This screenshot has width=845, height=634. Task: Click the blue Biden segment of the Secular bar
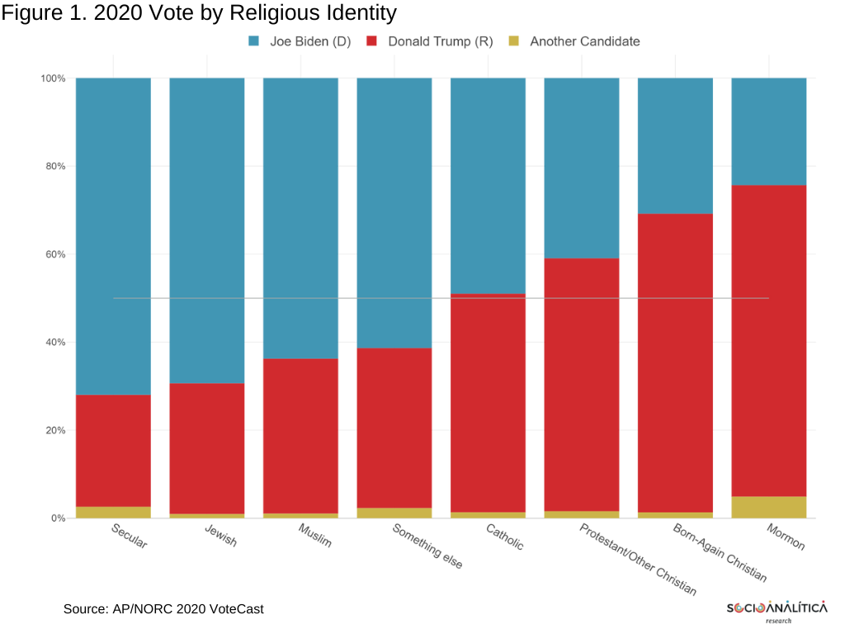113,236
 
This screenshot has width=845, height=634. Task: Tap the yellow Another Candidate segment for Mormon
769,507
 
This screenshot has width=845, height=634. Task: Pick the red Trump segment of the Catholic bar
488,403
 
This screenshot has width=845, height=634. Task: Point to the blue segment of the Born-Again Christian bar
675,146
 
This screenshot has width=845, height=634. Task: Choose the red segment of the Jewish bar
206,448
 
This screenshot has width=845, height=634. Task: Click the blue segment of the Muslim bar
300,218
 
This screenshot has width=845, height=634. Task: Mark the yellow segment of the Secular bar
113,513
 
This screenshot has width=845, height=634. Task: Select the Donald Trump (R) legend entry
429,41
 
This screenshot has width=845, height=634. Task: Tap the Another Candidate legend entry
573,41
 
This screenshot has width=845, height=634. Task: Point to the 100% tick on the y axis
53,78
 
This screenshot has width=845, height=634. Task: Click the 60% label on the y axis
54,254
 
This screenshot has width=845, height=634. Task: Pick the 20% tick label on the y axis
54,430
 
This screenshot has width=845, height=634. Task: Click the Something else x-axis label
427,546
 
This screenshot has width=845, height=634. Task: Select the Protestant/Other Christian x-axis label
638,559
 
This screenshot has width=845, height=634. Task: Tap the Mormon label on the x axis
786,537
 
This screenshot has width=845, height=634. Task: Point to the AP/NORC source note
163,609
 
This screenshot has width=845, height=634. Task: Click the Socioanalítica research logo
777,611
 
